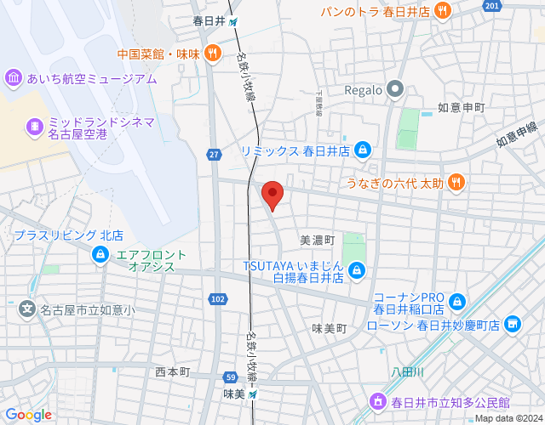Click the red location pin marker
[272, 195]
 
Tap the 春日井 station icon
[233, 21]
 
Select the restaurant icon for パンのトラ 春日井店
[442, 11]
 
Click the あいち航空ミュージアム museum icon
[14, 79]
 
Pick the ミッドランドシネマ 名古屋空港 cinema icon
[35, 127]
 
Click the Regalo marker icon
[394, 88]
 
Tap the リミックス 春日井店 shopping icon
[363, 150]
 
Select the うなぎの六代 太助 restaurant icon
[456, 181]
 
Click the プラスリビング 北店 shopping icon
[100, 252]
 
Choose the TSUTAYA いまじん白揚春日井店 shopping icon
[357, 271]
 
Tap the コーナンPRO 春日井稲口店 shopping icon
[457, 301]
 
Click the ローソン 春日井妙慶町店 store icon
[512, 324]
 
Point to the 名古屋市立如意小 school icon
[27, 309]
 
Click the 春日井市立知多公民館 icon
[377, 400]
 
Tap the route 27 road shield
[213, 154]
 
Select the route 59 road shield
[230, 377]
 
